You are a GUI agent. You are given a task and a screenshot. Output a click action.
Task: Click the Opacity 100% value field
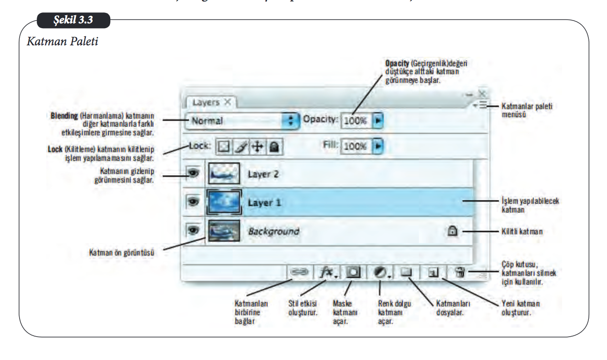point(356,121)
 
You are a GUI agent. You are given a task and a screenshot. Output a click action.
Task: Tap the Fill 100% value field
point(356,146)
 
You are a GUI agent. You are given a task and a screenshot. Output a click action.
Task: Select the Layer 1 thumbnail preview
point(224,202)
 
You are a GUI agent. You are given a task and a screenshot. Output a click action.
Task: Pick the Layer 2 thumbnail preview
point(224,174)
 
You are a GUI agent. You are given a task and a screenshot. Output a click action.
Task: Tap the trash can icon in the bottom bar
point(460,273)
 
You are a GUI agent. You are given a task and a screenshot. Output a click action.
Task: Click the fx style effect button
point(327,272)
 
